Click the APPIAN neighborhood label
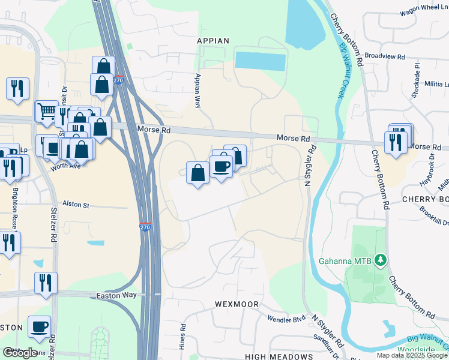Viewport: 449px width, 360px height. [213, 41]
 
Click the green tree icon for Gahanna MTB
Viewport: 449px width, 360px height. [379, 259]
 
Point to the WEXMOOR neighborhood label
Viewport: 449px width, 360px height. [236, 304]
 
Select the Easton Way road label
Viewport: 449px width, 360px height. [120, 295]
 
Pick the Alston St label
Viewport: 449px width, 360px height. [76, 205]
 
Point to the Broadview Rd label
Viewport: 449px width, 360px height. [384, 56]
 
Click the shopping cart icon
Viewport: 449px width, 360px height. [46, 110]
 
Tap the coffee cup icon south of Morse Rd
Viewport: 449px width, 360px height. [221, 166]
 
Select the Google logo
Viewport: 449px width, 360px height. [20, 352]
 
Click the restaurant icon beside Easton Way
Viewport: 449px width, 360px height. [46, 283]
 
